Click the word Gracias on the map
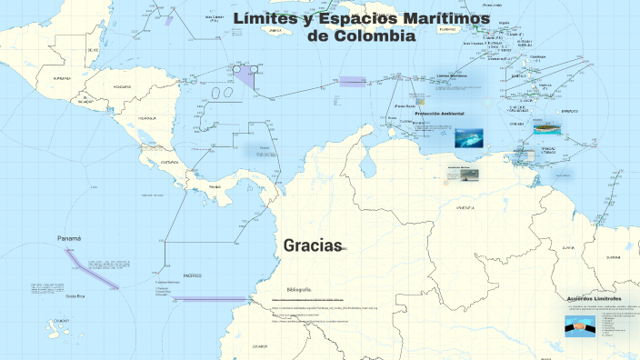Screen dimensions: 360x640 click(x=312, y=245)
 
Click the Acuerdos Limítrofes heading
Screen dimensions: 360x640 click(x=593, y=298)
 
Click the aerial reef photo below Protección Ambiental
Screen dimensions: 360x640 click(x=468, y=137)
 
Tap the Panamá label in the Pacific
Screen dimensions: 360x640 click(x=69, y=238)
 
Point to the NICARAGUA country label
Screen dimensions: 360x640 click(x=148, y=118)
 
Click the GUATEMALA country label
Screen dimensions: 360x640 click(x=63, y=79)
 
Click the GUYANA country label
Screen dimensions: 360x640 click(x=567, y=247)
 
